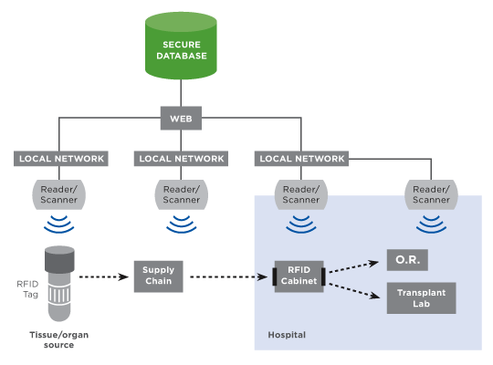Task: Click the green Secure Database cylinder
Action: coord(181,46)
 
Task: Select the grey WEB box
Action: coord(181,119)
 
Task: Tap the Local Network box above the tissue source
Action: coord(61,159)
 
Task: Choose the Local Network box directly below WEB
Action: coord(181,159)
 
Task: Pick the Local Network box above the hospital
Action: coord(301,159)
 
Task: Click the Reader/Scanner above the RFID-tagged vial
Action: coord(58,194)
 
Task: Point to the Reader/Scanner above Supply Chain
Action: coord(181,194)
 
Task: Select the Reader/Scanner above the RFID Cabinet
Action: coord(301,194)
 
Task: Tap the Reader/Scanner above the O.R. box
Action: coord(431,194)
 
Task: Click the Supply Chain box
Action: coord(159,276)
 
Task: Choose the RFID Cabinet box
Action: coord(299,276)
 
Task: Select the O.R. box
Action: coord(407,260)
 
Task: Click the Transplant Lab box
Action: coord(421,298)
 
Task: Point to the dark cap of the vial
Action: coord(59,259)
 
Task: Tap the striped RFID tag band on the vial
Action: coord(59,296)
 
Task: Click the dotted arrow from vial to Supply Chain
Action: coord(104,277)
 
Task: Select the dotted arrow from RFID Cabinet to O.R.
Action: coord(353,266)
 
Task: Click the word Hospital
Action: coord(287,335)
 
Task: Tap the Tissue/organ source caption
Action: coord(58,339)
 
